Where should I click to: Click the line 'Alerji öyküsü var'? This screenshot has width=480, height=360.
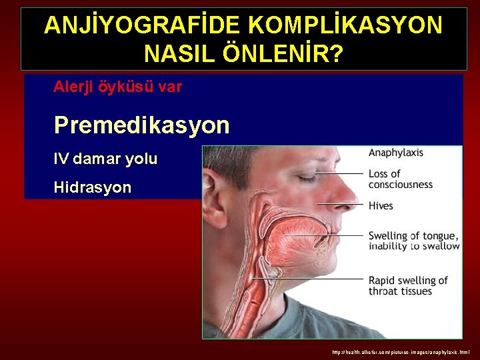pyautogui.click(x=118, y=87)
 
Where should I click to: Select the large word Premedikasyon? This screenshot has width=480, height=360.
pyautogui.click(x=141, y=125)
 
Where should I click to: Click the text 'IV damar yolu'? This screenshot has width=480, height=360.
pyautogui.click(x=105, y=159)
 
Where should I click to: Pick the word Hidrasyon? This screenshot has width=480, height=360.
pyautogui.click(x=93, y=187)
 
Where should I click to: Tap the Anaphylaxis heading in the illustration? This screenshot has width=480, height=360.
pyautogui.click(x=396, y=153)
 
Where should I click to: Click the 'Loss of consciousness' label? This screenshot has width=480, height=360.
pyautogui.click(x=400, y=179)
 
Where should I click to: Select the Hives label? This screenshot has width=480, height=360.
pyautogui.click(x=381, y=206)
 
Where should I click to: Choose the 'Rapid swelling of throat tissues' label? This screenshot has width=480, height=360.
pyautogui.click(x=408, y=285)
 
